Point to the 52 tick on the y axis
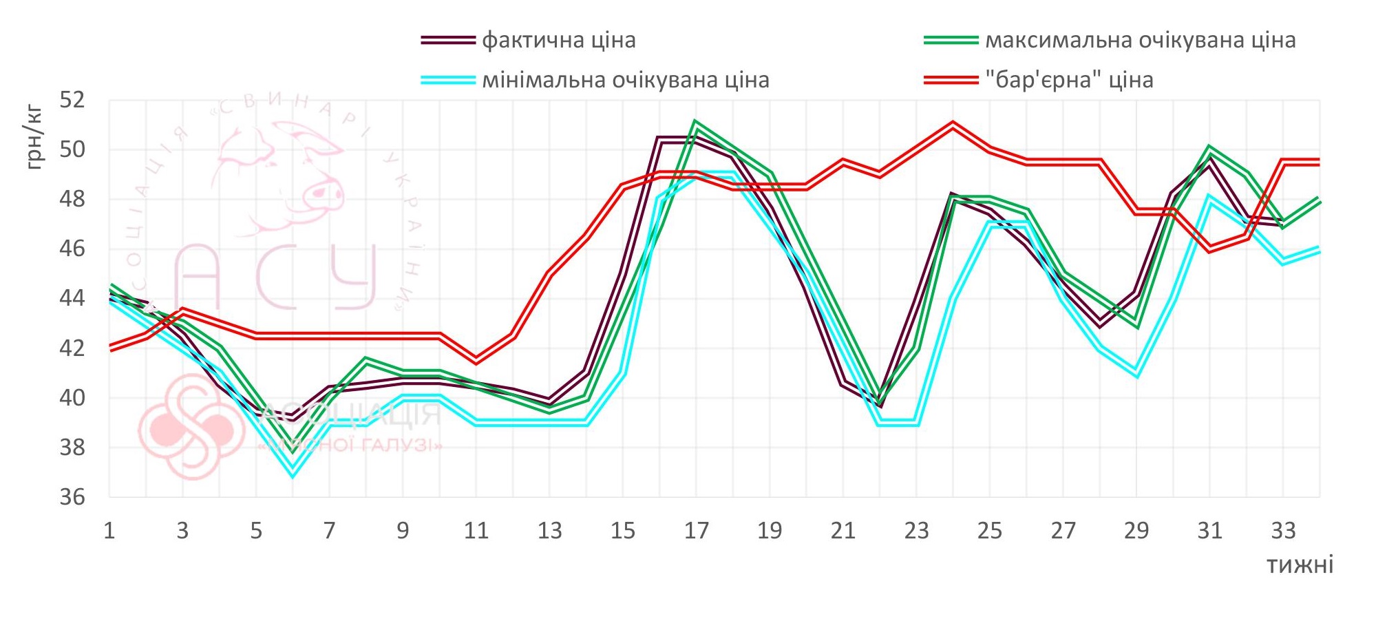coord(72,100)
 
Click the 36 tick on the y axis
coord(72,497)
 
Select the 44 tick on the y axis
coord(72,298)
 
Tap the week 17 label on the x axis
coord(696,531)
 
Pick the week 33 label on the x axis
coord(1283,531)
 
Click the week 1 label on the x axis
coord(109,531)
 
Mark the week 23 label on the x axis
coord(916,531)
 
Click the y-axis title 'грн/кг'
coord(34,138)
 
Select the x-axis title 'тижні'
coord(1300,565)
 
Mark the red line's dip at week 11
coord(476,360)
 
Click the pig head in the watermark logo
coord(282,172)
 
